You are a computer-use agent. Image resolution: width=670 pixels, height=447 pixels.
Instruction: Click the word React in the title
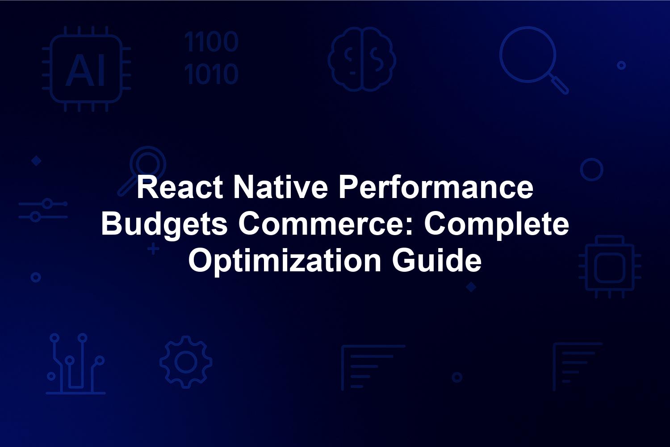180,187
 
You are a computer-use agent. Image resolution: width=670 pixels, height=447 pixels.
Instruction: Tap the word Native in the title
281,187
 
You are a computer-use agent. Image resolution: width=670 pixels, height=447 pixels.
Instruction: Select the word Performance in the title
436,187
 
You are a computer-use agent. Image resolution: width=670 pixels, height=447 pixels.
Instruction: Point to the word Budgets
164,225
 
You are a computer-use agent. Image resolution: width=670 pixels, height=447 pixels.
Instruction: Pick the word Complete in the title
497,225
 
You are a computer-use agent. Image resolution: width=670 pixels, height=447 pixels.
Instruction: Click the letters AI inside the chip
85,70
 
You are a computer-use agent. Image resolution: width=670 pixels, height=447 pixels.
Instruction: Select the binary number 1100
211,42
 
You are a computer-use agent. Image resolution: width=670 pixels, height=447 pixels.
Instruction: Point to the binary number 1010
211,74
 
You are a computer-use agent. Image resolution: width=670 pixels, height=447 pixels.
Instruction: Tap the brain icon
362,59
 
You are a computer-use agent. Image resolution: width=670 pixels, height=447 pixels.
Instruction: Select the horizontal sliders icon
43,210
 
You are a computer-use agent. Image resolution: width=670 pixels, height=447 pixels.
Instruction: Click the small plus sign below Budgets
154,249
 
